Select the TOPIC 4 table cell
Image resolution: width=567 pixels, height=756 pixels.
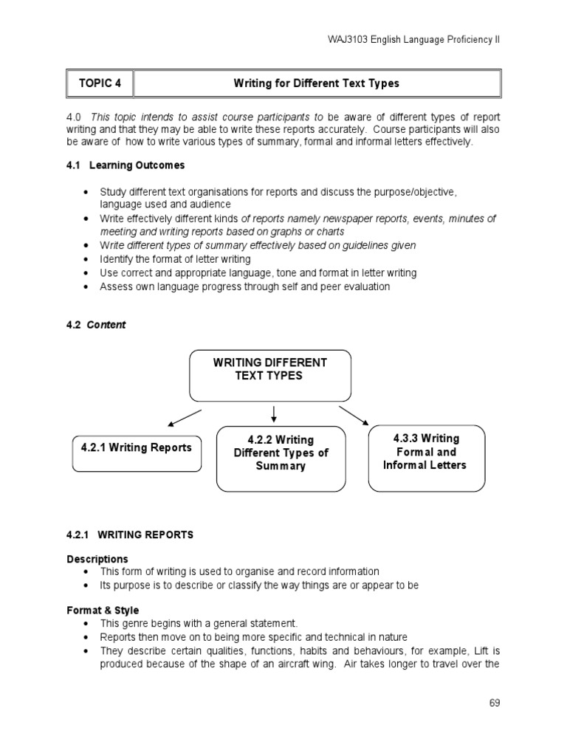click(x=100, y=83)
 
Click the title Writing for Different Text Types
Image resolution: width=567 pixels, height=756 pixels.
click(x=316, y=83)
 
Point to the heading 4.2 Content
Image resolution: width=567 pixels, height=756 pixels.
click(x=96, y=325)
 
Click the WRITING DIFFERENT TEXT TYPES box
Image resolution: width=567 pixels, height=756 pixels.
click(x=269, y=375)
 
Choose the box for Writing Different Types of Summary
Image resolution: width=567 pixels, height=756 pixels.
click(x=281, y=458)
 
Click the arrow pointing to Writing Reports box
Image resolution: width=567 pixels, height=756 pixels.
click(x=184, y=416)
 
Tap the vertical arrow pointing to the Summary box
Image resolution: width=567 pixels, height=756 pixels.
click(x=274, y=413)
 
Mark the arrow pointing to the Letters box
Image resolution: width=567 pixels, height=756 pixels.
click(x=354, y=415)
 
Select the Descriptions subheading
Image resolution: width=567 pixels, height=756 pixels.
click(x=97, y=559)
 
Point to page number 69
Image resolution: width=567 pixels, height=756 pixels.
click(x=494, y=703)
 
